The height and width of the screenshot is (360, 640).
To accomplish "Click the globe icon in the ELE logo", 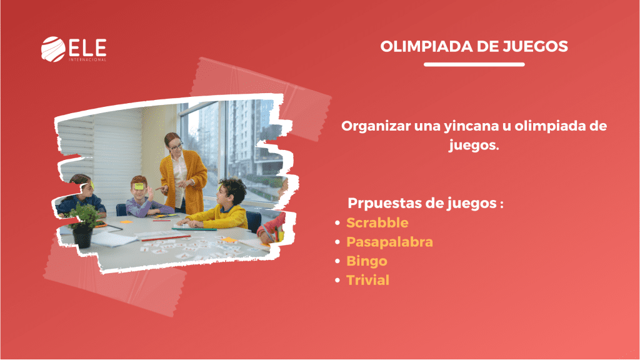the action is [x=53, y=49].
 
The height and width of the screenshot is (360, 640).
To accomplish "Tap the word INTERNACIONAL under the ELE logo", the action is [x=87, y=59].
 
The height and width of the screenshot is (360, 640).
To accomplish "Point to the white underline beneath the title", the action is [x=474, y=64].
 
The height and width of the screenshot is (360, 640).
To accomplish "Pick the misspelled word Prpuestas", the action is [x=383, y=203].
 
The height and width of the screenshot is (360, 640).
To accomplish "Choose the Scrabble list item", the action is [x=377, y=222].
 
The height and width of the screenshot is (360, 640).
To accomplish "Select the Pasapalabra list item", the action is [x=389, y=242].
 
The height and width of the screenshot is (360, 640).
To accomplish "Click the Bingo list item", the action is [x=366, y=261].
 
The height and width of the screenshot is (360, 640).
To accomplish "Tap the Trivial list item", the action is [x=367, y=280].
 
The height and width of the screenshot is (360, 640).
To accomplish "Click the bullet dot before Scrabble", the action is [x=337, y=223].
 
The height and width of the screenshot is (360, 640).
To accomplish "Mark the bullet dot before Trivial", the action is [x=337, y=281].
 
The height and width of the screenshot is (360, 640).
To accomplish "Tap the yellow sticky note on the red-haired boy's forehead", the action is [x=139, y=186].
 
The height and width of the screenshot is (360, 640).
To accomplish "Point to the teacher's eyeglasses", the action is [x=176, y=146].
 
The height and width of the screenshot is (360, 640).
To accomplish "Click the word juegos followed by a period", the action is [x=474, y=146].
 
